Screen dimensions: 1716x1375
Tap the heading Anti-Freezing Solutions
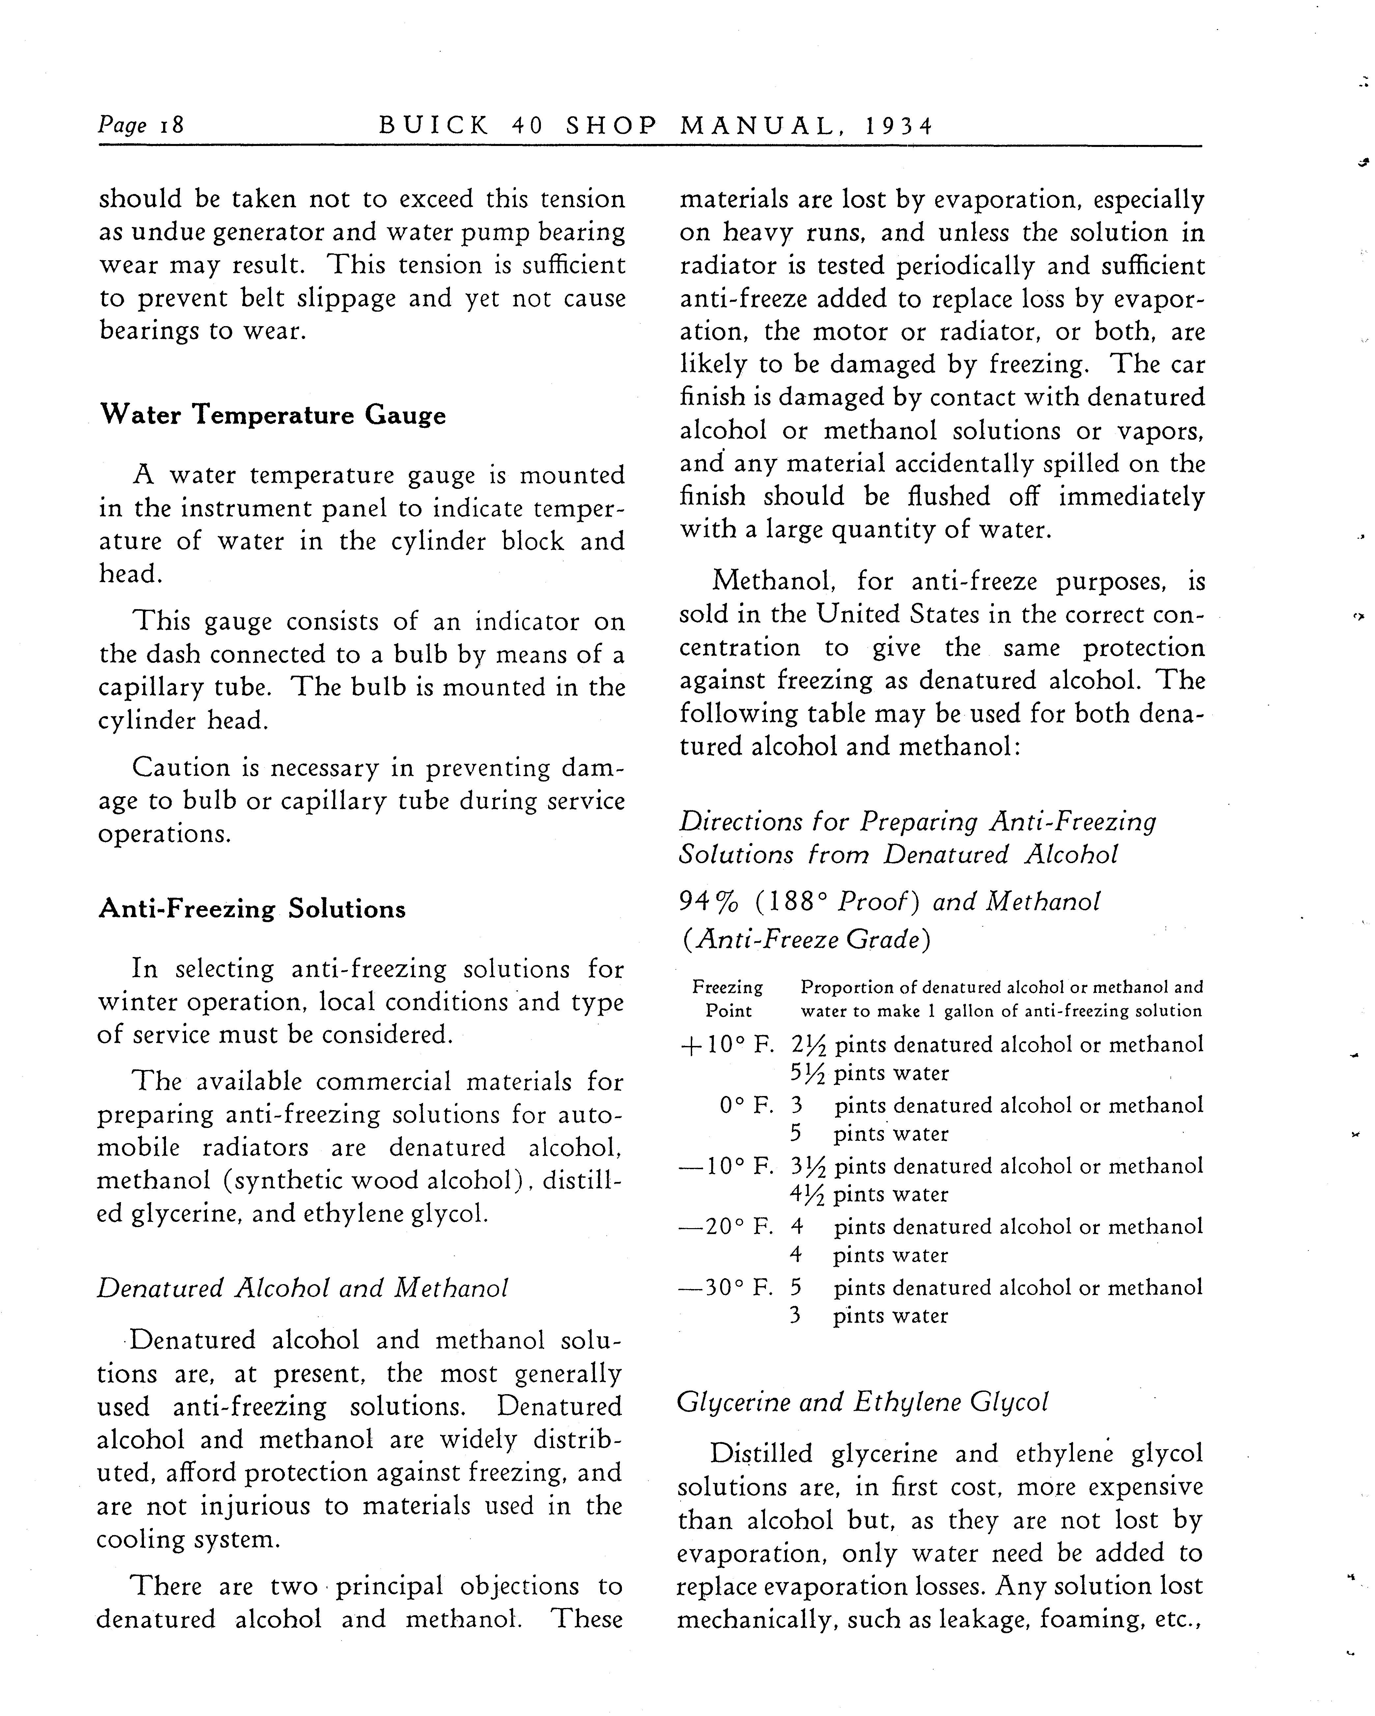coord(251,909)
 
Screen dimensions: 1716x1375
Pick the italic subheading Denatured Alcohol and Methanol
coord(302,1288)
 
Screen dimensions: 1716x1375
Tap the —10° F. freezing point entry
coord(726,1166)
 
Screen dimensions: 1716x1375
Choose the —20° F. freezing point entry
coord(726,1226)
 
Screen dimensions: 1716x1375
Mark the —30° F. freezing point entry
coord(726,1287)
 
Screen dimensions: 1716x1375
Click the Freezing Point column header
coord(727,999)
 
